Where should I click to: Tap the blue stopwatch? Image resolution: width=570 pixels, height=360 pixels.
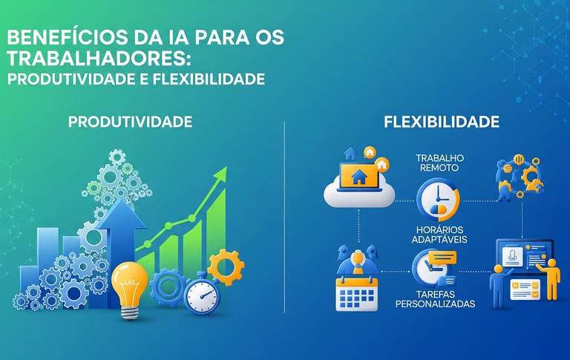201,293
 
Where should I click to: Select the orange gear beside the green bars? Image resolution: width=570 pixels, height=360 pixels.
226,266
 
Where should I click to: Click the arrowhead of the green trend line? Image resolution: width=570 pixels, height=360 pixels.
220,175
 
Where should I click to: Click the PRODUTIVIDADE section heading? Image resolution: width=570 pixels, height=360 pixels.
130,121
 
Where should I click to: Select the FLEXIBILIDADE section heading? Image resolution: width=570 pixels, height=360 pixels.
442,121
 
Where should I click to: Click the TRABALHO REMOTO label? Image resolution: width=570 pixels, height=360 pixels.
439,163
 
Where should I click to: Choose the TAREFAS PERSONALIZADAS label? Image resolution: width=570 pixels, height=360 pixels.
435,298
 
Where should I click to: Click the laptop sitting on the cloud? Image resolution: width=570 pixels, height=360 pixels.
359,178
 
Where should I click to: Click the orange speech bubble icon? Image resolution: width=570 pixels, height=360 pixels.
442,260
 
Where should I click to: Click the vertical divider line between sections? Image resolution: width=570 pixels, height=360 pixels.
285,215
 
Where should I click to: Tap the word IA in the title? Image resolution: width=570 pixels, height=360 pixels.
168,38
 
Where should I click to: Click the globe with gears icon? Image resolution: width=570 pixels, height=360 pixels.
518,177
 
